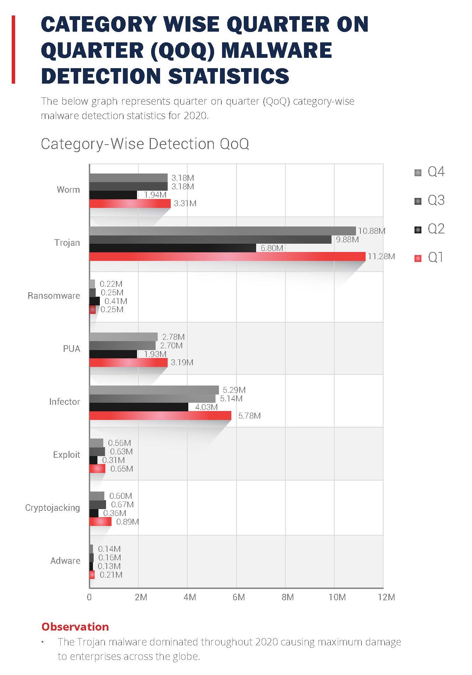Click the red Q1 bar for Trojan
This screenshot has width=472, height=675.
click(227, 256)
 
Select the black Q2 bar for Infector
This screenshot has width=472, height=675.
click(139, 407)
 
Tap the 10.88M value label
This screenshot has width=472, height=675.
click(371, 231)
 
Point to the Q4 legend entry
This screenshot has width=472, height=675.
click(429, 172)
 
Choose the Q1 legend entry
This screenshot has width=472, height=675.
click(429, 257)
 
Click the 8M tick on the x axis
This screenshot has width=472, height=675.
click(287, 597)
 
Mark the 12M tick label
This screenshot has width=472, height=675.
click(386, 597)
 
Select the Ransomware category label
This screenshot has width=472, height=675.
click(54, 296)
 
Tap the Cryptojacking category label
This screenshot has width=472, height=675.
click(52, 508)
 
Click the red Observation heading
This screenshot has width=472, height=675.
click(75, 627)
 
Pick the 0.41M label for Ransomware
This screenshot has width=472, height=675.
click(116, 301)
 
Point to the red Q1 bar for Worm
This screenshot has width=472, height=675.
click(130, 203)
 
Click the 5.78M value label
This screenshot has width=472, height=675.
click(249, 415)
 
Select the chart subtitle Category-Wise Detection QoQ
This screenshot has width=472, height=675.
click(145, 144)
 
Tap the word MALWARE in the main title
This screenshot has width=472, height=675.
click(276, 50)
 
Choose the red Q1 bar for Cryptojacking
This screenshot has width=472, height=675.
click(100, 521)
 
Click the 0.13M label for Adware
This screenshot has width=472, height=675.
click(109, 566)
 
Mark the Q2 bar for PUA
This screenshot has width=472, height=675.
click(113, 354)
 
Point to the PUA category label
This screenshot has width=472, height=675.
click(71, 349)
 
